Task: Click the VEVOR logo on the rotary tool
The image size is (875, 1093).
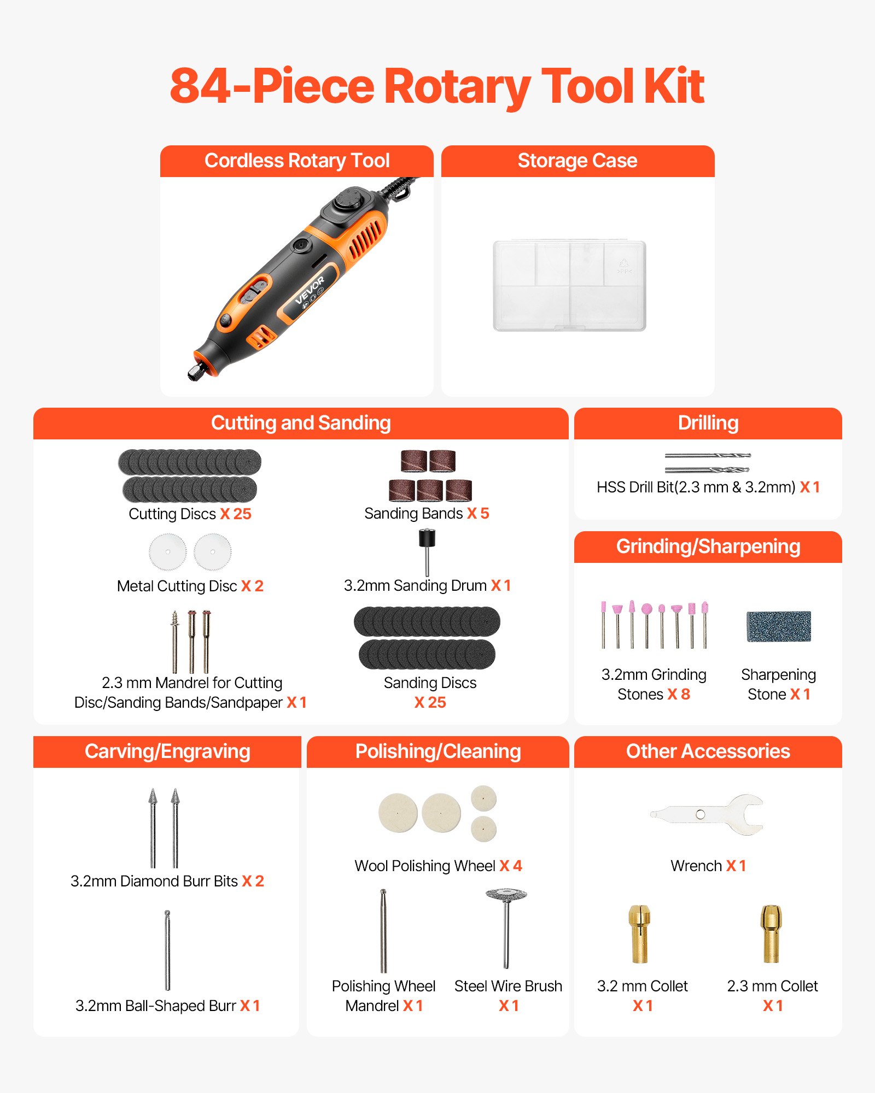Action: pyautogui.click(x=310, y=290)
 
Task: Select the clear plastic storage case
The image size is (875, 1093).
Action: pyautogui.click(x=569, y=285)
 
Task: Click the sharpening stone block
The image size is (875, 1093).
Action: pyautogui.click(x=778, y=626)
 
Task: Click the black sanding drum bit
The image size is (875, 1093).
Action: pyautogui.click(x=427, y=538)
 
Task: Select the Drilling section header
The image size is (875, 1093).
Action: pyautogui.click(x=708, y=423)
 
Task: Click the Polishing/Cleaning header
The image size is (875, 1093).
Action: pyautogui.click(x=437, y=751)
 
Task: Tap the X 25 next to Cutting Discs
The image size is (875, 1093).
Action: pyautogui.click(x=236, y=514)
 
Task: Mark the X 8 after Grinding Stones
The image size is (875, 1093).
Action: pyautogui.click(x=679, y=694)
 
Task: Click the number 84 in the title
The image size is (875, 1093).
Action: pyautogui.click(x=200, y=86)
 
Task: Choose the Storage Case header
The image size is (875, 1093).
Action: pyautogui.click(x=577, y=161)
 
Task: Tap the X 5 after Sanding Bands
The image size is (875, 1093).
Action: pyautogui.click(x=478, y=513)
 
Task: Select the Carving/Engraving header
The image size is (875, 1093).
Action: pyautogui.click(x=167, y=751)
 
